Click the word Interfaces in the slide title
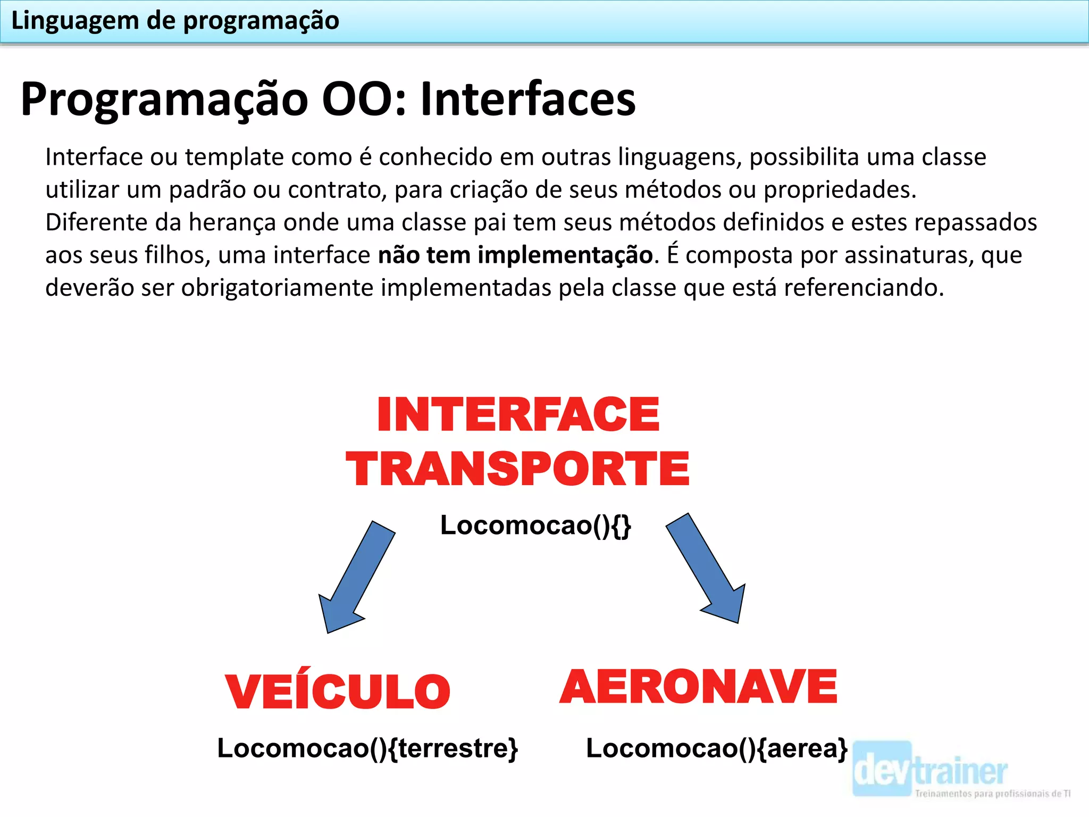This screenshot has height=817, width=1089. click(x=527, y=99)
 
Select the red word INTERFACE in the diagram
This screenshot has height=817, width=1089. click(x=518, y=415)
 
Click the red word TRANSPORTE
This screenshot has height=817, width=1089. click(x=517, y=469)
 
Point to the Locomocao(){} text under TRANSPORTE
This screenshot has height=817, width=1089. click(x=535, y=526)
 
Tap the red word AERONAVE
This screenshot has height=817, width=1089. click(x=698, y=687)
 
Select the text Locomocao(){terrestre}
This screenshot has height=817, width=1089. click(x=367, y=748)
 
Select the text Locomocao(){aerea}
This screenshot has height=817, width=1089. click(x=716, y=748)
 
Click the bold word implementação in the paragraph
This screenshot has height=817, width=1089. click(x=565, y=255)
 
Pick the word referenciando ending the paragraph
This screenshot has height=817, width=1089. click(x=863, y=288)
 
